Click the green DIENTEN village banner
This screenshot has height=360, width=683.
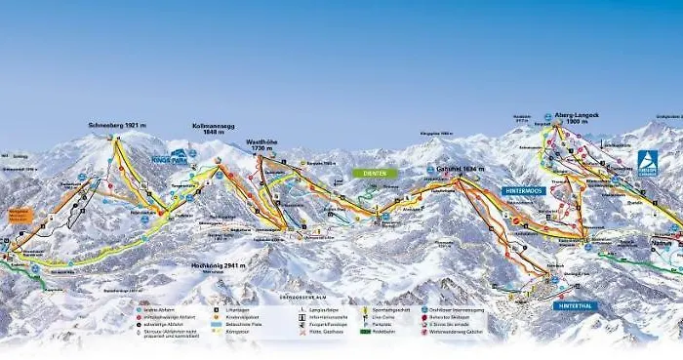pyautogui.click(x=375, y=174)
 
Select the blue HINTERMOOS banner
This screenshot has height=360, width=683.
pyautogui.click(x=524, y=191)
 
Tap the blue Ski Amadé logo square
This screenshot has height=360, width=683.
pyautogui.click(x=647, y=163)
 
